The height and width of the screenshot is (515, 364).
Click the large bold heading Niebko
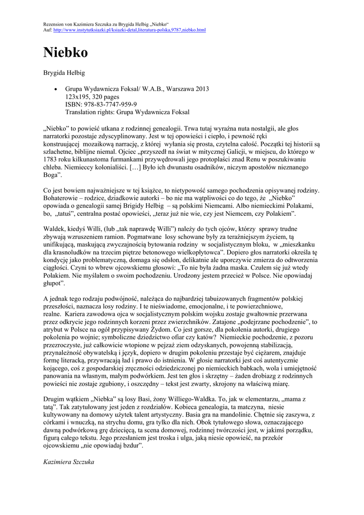[x=65, y=53]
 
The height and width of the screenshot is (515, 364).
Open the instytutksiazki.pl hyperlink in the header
[x=129, y=30]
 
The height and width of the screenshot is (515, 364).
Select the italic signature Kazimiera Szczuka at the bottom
[x=69, y=462]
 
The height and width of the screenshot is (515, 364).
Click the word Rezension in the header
[x=54, y=24]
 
